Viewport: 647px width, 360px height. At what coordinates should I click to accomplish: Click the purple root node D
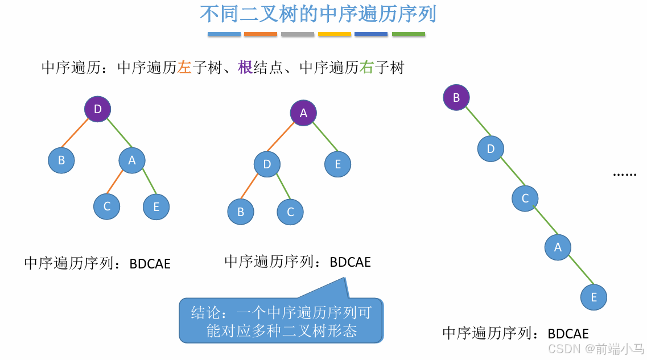tap(97, 109)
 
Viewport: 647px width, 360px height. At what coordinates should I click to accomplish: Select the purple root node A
tap(303, 113)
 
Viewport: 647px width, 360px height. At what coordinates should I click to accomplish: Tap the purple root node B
tap(456, 97)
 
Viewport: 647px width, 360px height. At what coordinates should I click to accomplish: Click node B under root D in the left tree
tap(61, 160)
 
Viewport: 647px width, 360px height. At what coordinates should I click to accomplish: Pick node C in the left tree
tap(107, 206)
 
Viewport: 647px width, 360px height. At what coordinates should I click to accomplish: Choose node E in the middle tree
tap(338, 164)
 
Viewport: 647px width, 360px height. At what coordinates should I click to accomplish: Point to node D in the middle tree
tap(267, 164)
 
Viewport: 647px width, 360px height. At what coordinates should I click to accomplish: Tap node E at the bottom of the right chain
tap(594, 297)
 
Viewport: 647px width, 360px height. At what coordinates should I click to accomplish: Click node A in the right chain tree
tap(558, 247)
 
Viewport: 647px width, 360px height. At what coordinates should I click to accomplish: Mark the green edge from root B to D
tap(473, 123)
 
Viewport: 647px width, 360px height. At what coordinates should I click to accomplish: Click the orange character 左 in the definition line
tap(184, 68)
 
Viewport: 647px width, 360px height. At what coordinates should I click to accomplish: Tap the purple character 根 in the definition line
tap(245, 68)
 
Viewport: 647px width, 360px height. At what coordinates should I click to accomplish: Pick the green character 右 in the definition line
tap(366, 68)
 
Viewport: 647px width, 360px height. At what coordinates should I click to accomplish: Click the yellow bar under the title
tap(335, 34)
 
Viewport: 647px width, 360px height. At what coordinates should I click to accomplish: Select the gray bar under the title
tap(298, 34)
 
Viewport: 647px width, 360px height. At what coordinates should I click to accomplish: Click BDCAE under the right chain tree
tap(568, 334)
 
